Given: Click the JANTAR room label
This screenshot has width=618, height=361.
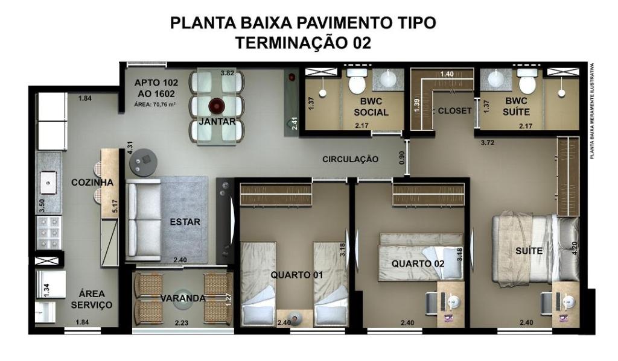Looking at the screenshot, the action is (x=217, y=122).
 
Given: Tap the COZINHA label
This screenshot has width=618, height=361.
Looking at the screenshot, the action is (x=92, y=182).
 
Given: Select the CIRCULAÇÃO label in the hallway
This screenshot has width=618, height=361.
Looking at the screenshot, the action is (x=351, y=159).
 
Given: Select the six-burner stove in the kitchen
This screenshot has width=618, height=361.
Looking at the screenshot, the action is (x=49, y=232).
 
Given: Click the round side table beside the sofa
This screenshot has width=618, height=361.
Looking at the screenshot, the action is (x=144, y=162).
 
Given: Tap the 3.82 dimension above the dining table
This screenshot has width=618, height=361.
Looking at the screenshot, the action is (x=228, y=73).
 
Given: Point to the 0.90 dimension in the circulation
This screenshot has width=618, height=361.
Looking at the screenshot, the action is (x=401, y=158).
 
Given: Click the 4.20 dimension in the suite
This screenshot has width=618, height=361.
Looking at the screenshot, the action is (x=575, y=248).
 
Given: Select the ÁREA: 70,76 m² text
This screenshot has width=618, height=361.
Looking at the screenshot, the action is (x=155, y=104).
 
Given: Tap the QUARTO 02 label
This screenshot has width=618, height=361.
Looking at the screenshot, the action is (x=418, y=264).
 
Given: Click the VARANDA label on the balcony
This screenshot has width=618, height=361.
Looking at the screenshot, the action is (x=183, y=298).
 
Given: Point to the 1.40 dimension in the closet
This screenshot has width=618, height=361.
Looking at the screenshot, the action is (x=447, y=74).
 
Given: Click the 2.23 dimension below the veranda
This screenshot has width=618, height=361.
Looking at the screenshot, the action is (x=181, y=323).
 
